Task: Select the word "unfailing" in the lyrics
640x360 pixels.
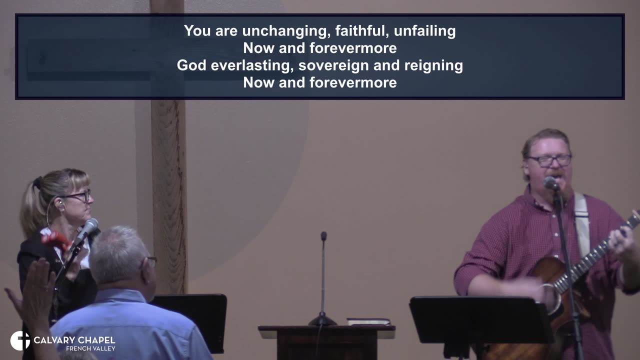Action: tap(424, 31)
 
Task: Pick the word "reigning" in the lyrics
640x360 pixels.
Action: tap(433, 65)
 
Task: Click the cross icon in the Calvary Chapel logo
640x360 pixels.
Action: tap(20, 340)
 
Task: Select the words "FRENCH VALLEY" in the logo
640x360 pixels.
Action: tap(90, 348)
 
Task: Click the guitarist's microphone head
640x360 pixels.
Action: tap(550, 183)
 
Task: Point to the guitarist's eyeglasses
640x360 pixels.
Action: tap(549, 160)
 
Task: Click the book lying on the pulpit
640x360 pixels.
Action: tap(368, 321)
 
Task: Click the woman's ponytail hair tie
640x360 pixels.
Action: tap(37, 183)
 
